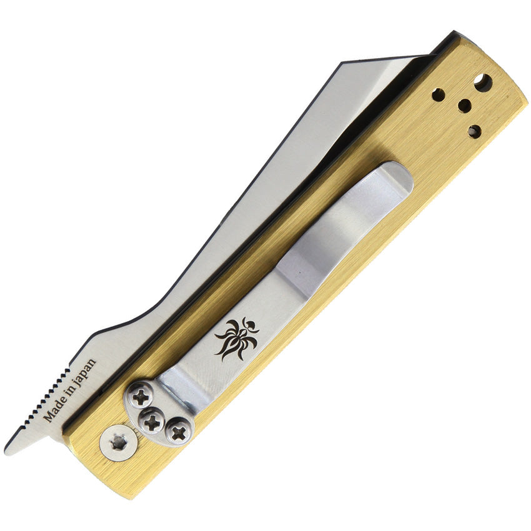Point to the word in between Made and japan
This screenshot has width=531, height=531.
(69, 390)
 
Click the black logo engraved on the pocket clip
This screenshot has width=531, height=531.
(237, 339)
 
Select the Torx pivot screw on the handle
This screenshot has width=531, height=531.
(119, 442)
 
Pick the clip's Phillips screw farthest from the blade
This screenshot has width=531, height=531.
(179, 431)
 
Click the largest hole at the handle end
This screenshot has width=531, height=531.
(484, 82)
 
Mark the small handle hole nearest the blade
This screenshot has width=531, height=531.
(439, 95)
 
